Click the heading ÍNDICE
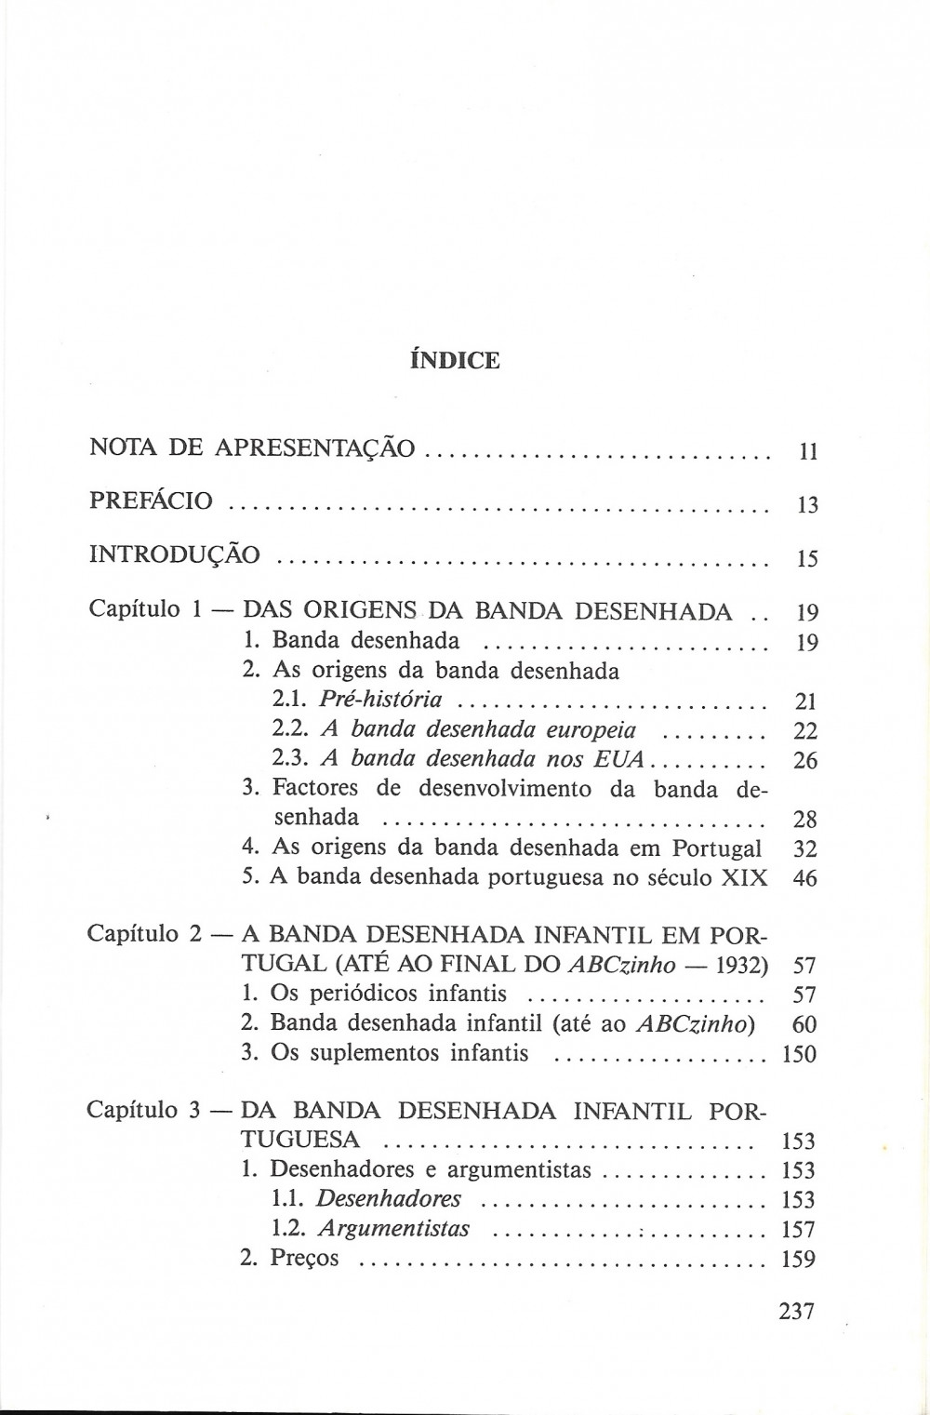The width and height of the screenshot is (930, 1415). point(455,360)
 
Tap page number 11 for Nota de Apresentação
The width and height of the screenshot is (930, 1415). point(807,453)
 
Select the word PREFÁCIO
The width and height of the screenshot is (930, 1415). point(151,501)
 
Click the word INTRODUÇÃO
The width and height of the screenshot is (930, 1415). point(175,554)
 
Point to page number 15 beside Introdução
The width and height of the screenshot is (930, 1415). point(807,559)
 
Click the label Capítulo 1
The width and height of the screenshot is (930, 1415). point(145,611)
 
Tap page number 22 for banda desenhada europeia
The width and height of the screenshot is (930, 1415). point(806,731)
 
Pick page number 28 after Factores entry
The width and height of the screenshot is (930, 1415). point(806,820)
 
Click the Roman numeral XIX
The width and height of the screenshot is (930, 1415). point(743,877)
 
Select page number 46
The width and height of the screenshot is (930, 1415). point(806,878)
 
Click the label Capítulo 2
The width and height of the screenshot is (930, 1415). point(144,933)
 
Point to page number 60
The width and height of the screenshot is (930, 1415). point(804,1024)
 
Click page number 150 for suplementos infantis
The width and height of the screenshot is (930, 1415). point(799,1054)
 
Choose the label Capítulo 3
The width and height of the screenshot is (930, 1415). point(144,1110)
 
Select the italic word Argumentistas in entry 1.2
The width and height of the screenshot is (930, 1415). point(393,1229)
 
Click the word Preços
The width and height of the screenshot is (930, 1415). point(304,1259)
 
